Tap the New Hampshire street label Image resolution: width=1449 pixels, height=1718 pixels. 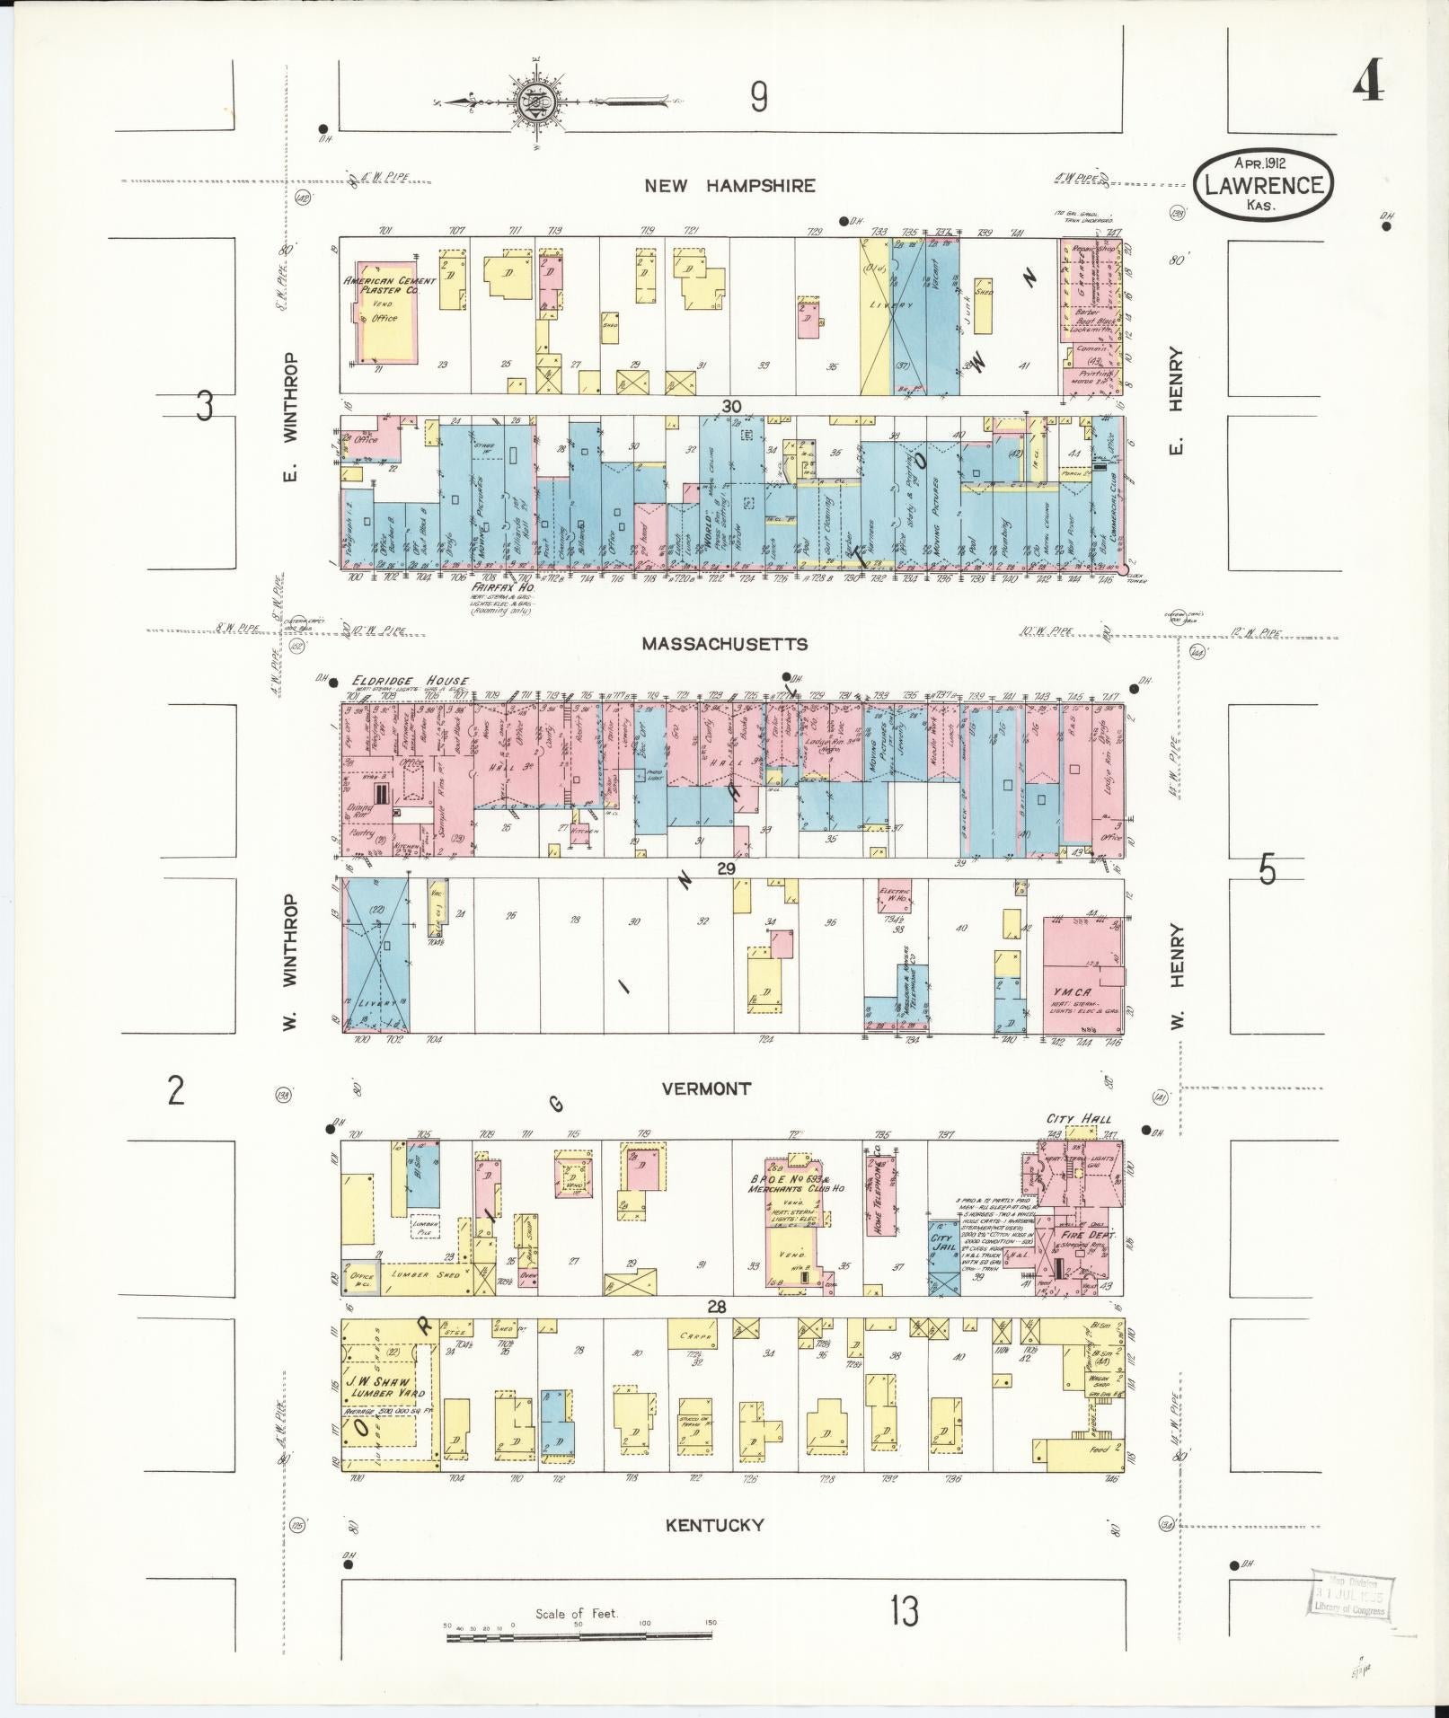[x=730, y=186]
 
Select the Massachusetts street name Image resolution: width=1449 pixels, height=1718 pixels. [x=724, y=644]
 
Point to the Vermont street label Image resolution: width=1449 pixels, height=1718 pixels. [x=706, y=1088]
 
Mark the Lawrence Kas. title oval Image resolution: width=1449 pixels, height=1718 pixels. [x=1263, y=183]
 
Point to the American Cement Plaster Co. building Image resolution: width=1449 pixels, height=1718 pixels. [x=389, y=310]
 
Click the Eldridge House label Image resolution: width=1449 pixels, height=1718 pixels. [x=409, y=682]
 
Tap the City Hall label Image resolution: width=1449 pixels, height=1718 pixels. [x=1078, y=1119]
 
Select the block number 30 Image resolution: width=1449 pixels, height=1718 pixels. [x=731, y=407]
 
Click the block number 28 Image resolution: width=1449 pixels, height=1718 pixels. [x=716, y=1307]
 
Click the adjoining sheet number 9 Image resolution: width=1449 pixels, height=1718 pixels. [x=759, y=97]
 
